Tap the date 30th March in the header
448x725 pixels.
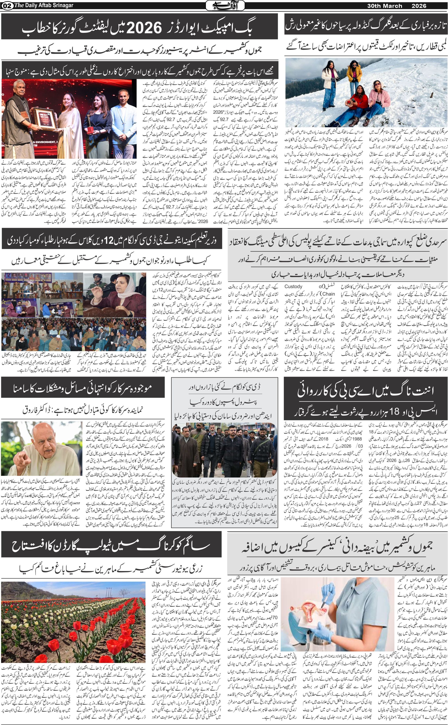coord(385,6)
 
